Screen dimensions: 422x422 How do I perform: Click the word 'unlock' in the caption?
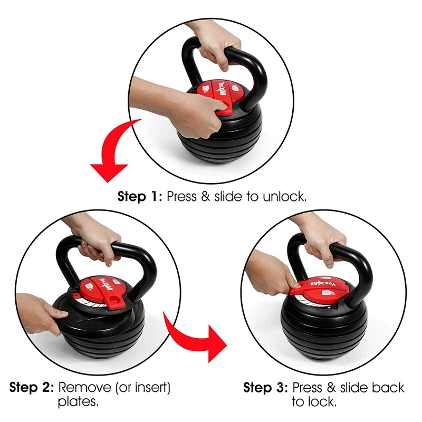tap(280, 197)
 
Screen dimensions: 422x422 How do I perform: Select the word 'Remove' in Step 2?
tap(84, 388)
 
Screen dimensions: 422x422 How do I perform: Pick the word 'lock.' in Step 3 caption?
tap(321, 403)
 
